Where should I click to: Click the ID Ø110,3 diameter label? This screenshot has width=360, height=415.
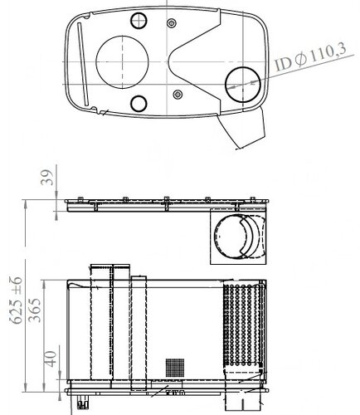[x=311, y=56]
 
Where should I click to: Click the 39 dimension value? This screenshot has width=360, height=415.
[x=46, y=178]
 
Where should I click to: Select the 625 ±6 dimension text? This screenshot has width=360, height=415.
[x=17, y=300]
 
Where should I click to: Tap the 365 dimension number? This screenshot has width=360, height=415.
[x=35, y=310]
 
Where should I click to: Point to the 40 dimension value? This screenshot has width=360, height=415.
[x=51, y=359]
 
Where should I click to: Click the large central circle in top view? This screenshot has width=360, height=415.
[x=122, y=62]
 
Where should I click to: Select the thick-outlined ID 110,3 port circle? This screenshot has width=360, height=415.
[x=243, y=85]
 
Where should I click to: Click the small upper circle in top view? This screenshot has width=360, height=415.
[x=139, y=21]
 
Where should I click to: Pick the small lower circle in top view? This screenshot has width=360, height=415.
[x=139, y=104]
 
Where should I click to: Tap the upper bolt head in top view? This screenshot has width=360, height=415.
[x=172, y=22]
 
